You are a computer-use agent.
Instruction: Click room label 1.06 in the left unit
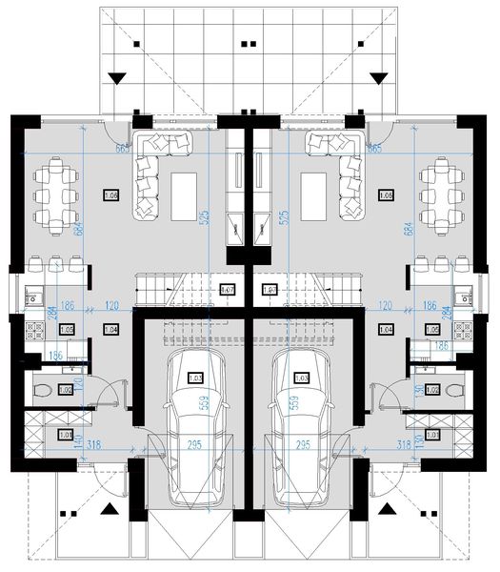[x=110, y=195]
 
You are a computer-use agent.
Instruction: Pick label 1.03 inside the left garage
[x=195, y=378]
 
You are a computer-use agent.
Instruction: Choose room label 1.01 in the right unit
[x=433, y=436]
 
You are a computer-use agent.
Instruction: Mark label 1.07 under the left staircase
[x=228, y=290]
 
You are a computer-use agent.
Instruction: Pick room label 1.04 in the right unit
[x=386, y=329]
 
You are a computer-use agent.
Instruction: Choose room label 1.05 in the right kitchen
[x=433, y=329]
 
